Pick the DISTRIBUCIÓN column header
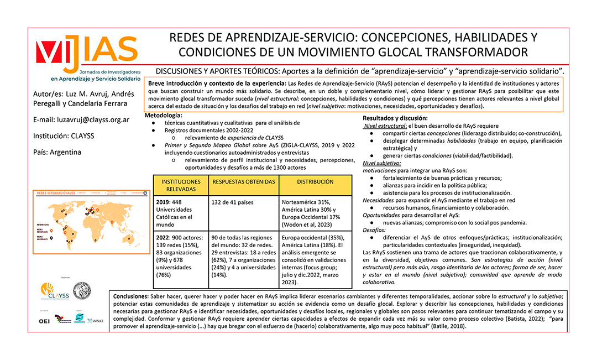(x=315, y=182)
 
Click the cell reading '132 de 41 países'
(x=235, y=202)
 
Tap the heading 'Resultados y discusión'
(x=395, y=118)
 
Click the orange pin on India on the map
(x=112, y=222)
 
